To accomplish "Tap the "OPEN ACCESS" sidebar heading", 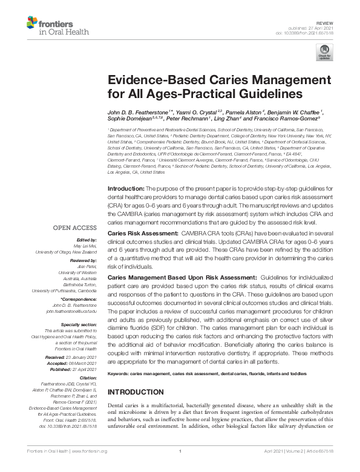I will (75, 228).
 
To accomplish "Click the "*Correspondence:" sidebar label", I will (79, 299).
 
